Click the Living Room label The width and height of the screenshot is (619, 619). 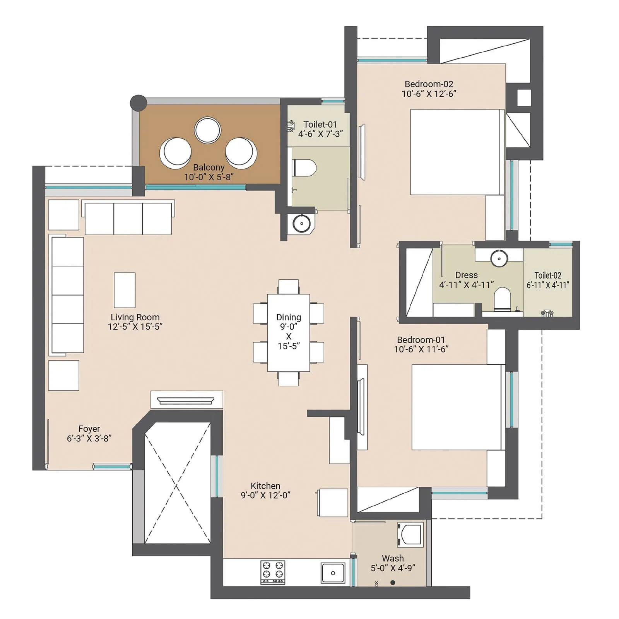(135, 317)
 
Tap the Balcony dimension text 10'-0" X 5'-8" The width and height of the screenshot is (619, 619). (209, 177)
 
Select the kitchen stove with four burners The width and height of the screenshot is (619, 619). (272, 572)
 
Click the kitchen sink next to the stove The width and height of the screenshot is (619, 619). (333, 573)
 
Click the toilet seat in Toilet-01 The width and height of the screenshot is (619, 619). (304, 168)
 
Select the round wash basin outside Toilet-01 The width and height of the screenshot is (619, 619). (301, 223)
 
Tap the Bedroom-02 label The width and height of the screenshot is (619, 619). (429, 84)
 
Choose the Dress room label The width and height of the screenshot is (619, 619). (466, 275)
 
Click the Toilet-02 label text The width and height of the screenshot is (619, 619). (547, 275)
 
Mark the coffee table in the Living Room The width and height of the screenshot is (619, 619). (125, 290)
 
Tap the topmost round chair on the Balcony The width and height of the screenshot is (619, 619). (207, 130)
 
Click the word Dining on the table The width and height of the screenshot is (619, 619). (288, 317)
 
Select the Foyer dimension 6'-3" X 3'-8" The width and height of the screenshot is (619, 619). (89, 438)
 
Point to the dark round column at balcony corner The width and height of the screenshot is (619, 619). (138, 103)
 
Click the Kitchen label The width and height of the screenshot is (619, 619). (265, 486)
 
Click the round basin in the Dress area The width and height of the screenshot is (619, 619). (499, 258)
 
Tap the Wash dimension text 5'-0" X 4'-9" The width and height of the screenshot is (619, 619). (393, 568)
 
